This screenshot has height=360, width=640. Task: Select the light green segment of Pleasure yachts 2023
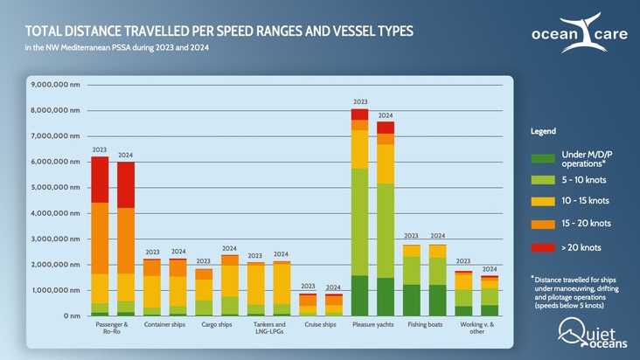[x=359, y=222]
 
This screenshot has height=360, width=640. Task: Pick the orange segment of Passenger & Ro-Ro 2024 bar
[x=126, y=240]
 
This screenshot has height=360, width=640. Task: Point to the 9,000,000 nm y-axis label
[x=55, y=85]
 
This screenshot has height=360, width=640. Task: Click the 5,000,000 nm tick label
[x=55, y=187]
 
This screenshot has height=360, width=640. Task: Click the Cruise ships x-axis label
[x=320, y=325]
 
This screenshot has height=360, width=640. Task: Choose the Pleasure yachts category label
[x=372, y=325]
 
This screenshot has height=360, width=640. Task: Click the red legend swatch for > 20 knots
[x=542, y=247]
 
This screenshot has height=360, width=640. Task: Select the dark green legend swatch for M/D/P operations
[x=542, y=159]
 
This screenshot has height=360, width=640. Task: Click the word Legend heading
[x=543, y=131]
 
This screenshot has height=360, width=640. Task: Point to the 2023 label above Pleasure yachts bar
[x=359, y=102]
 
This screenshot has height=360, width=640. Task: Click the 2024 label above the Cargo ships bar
[x=230, y=249]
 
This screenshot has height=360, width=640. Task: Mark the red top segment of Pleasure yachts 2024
[x=386, y=128]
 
